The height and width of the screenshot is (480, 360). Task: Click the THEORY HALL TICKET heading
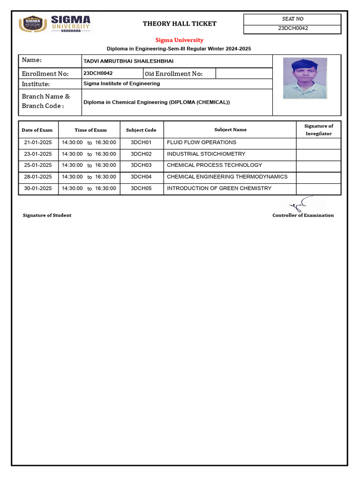pyautogui.click(x=180, y=24)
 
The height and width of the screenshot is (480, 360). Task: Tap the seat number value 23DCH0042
pyautogui.click(x=293, y=28)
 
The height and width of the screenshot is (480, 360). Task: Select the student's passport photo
pyautogui.click(x=305, y=78)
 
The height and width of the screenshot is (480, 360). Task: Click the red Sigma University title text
pyautogui.click(x=180, y=40)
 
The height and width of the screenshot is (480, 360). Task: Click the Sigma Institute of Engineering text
pyautogui.click(x=121, y=83)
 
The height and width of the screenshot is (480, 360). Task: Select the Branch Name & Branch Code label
pyautogui.click(x=46, y=101)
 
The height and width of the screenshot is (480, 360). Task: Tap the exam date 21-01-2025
pyautogui.click(x=38, y=142)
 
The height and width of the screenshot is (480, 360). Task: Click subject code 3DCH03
pyautogui.click(x=141, y=165)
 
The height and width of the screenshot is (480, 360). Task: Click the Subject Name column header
pyautogui.click(x=230, y=130)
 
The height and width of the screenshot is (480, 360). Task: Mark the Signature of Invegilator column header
pyautogui.click(x=318, y=130)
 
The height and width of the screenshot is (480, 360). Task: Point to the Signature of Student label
pyautogui.click(x=47, y=215)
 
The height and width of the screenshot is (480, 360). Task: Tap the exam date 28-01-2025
pyautogui.click(x=38, y=177)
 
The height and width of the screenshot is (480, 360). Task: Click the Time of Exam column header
pyautogui.click(x=90, y=130)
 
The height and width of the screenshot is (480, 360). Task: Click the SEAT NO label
pyautogui.click(x=293, y=19)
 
